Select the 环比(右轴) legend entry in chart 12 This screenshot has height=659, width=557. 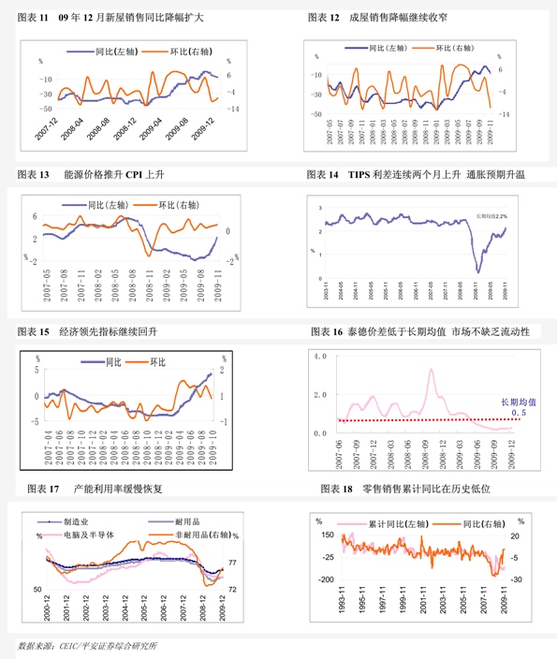point(456,47)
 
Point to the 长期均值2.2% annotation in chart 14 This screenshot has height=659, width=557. point(491,215)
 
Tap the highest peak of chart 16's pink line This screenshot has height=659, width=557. point(431,370)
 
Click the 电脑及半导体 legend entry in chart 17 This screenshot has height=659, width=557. point(88,535)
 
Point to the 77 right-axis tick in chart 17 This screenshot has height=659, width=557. point(232,563)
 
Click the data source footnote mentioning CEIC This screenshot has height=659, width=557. point(88,647)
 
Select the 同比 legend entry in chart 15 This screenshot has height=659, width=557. point(113,361)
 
